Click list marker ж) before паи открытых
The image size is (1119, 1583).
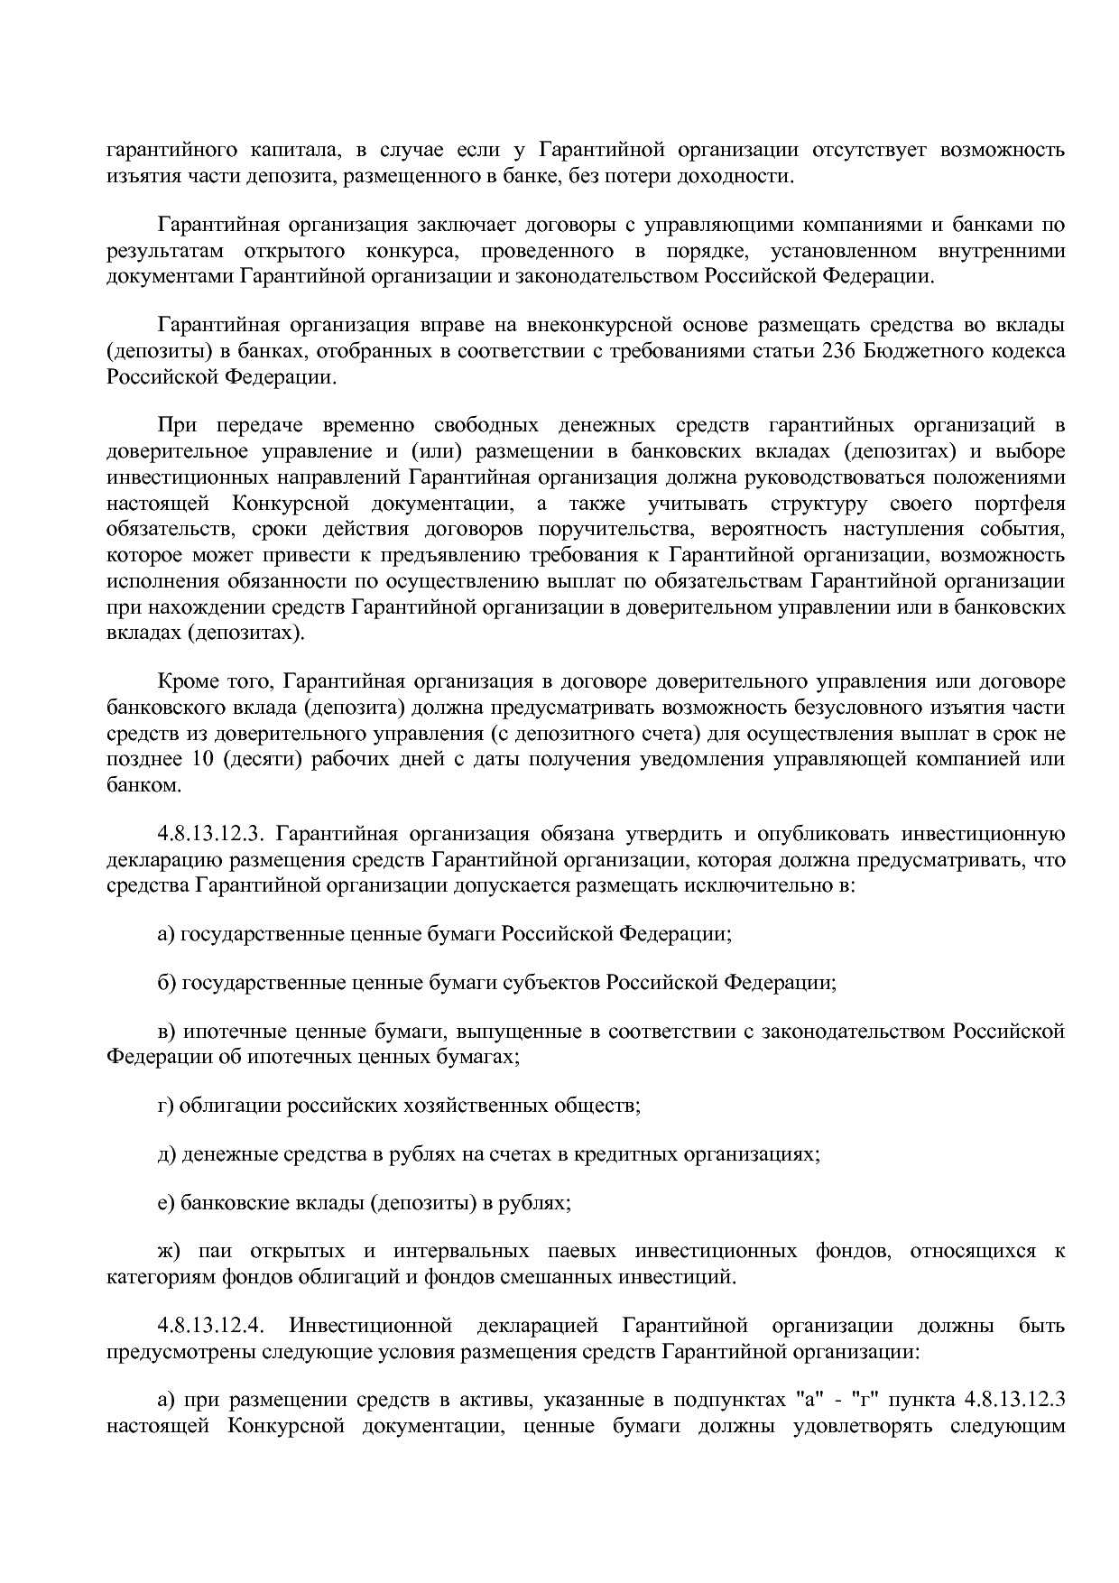169,1252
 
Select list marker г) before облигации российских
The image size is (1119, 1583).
166,1106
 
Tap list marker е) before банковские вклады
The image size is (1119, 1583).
166,1203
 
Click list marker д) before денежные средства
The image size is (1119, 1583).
167,1154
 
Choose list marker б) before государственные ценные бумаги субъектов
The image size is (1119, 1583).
167,982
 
